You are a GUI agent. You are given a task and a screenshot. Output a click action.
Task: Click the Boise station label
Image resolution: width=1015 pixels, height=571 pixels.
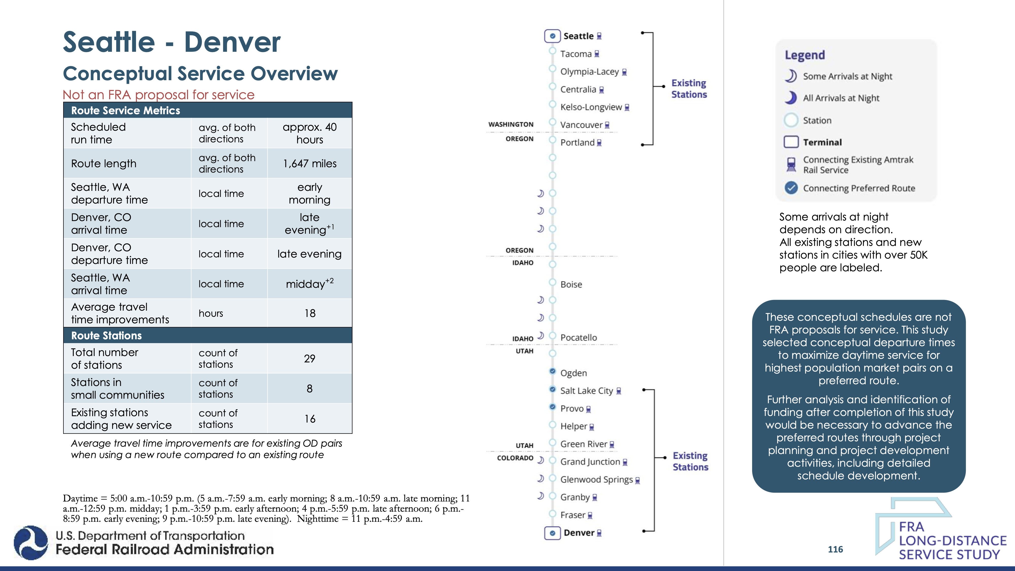pos(571,284)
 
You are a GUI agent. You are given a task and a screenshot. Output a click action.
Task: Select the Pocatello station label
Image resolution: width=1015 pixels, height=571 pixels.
pos(579,338)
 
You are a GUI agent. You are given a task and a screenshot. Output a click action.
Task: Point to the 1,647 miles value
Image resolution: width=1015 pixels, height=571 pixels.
pos(310,163)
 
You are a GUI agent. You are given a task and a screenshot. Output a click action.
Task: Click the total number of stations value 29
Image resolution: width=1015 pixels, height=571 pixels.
pos(310,359)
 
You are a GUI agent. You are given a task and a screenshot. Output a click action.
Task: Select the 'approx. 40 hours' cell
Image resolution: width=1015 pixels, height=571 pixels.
pos(310,133)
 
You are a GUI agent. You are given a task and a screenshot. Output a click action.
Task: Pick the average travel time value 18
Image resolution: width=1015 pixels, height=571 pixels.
pos(310,313)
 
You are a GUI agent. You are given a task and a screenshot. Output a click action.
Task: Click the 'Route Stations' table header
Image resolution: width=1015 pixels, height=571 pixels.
pos(106,336)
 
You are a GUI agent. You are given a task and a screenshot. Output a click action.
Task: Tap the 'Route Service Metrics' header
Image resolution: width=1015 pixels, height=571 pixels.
pos(125,111)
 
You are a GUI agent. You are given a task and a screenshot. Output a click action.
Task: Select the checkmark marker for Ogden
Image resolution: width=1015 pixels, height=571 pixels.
pos(552,371)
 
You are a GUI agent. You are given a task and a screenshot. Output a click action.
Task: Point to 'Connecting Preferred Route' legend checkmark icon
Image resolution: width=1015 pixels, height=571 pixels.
pos(791,188)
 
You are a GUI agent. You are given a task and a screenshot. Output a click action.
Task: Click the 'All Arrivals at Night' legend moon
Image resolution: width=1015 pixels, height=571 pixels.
pos(790,98)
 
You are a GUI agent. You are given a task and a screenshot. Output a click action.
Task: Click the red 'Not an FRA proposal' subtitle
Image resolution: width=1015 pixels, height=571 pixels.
pos(158,95)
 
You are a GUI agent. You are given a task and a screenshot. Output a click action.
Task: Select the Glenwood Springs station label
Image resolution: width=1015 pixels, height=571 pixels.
pos(596,480)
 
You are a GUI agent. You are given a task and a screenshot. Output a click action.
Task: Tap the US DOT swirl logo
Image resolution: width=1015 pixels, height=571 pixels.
pos(31,543)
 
